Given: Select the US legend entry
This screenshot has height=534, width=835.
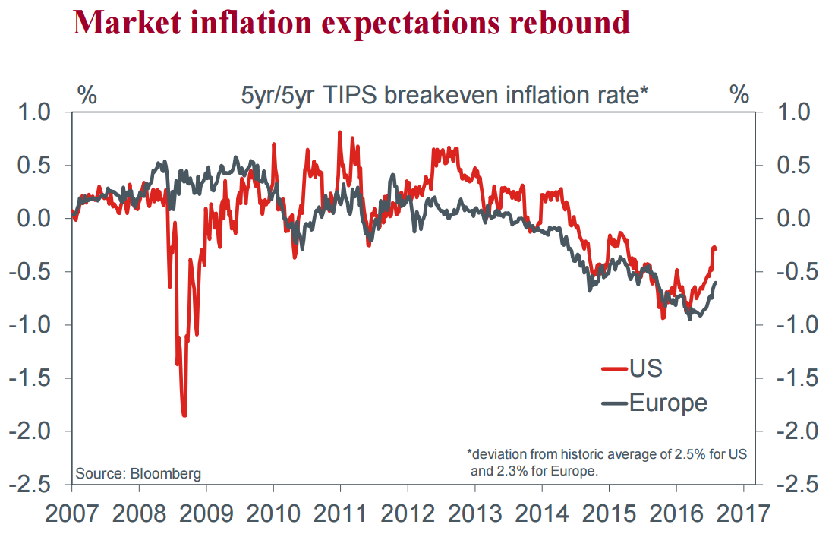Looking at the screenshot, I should pyautogui.click(x=645, y=368).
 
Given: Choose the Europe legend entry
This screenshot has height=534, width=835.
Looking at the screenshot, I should pyautogui.click(x=668, y=402).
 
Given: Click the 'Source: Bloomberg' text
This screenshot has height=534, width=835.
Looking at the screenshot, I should pyautogui.click(x=138, y=474).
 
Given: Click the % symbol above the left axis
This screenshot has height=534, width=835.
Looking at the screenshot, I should pyautogui.click(x=87, y=96).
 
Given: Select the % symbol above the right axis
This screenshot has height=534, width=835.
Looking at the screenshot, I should pyautogui.click(x=739, y=96).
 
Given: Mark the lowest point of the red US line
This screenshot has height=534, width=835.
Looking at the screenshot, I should pyautogui.click(x=184, y=415).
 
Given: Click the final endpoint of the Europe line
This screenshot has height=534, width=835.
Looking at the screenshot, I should pyautogui.click(x=716, y=283).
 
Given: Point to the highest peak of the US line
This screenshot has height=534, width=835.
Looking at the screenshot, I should pyautogui.click(x=339, y=132).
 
